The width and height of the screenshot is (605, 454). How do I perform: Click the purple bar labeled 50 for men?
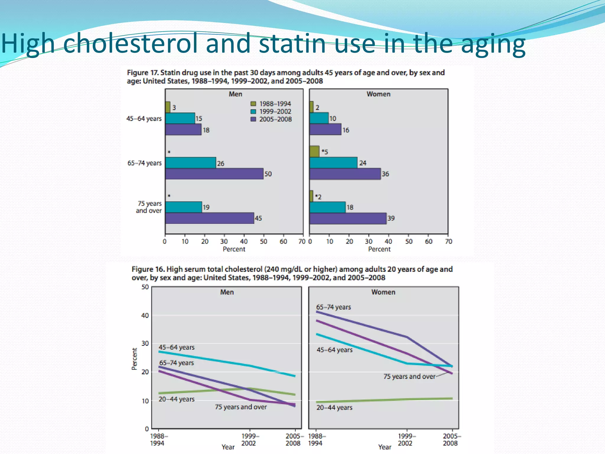tap(214, 174)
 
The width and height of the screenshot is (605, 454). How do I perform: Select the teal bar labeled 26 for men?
tap(191, 163)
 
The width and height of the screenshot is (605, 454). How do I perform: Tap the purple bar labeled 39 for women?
tap(348, 218)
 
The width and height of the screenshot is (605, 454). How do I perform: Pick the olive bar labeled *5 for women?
tap(314, 152)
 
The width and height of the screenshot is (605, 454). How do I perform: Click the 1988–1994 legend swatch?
tap(253, 104)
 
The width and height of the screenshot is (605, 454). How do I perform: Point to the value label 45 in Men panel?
tap(258, 218)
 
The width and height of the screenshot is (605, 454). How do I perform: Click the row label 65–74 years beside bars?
tap(144, 163)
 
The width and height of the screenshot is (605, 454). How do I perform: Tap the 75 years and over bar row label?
tap(149, 207)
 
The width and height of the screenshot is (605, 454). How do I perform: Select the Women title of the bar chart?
tap(378, 94)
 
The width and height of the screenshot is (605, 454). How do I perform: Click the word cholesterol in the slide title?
tap(130, 43)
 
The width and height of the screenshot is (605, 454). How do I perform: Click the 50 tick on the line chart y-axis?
tap(145, 287)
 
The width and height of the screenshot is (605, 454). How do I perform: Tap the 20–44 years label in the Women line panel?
tap(334, 408)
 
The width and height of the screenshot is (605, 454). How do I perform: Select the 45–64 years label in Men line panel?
tap(176, 347)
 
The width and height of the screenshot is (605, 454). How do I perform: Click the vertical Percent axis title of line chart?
tap(134, 359)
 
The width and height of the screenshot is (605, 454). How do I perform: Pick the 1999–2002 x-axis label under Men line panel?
tap(250, 440)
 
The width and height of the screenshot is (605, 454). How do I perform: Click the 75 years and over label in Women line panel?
tap(409, 377)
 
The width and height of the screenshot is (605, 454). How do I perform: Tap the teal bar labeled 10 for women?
tap(319, 118)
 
